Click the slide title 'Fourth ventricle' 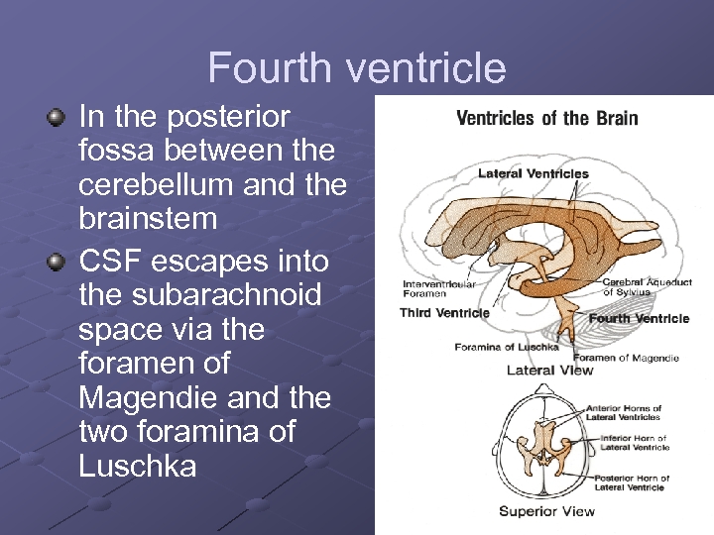(357, 68)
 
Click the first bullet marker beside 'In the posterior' (57, 118)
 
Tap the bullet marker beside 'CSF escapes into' (57, 262)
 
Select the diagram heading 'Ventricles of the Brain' (546, 119)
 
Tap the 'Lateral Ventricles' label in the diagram (533, 173)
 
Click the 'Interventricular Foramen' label (438, 288)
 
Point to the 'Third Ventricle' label (444, 313)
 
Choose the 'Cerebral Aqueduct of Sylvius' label (647, 287)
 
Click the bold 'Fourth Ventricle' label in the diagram (639, 319)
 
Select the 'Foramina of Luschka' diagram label (506, 347)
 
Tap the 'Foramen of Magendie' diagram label (626, 358)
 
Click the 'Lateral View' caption (549, 371)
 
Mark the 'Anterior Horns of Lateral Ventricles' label (624, 412)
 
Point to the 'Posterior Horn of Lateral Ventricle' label (632, 482)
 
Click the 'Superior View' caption (546, 511)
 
